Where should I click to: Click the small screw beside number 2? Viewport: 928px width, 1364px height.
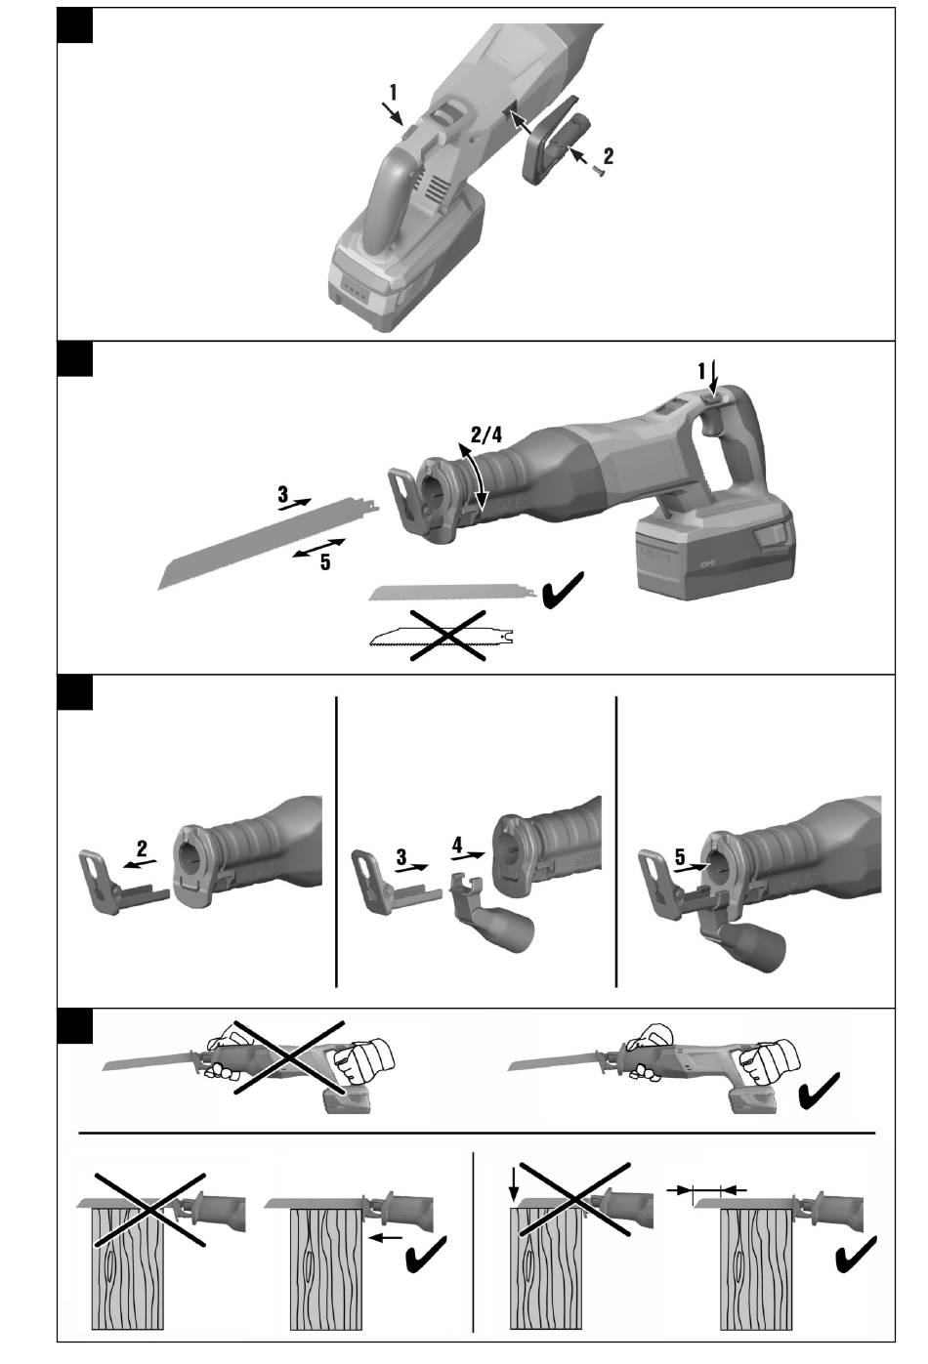[598, 172]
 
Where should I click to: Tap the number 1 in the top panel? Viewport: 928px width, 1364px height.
[393, 93]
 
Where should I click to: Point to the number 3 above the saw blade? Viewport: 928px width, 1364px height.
[282, 493]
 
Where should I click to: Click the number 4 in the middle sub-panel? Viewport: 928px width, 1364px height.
[457, 845]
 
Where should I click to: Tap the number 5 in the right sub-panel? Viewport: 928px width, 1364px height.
[680, 857]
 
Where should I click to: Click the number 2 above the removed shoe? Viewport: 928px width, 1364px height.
[142, 848]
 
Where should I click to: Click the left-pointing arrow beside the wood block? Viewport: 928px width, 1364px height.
[386, 1237]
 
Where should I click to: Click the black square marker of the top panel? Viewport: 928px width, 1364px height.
[75, 25]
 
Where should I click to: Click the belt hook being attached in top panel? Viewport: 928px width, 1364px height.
[556, 140]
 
